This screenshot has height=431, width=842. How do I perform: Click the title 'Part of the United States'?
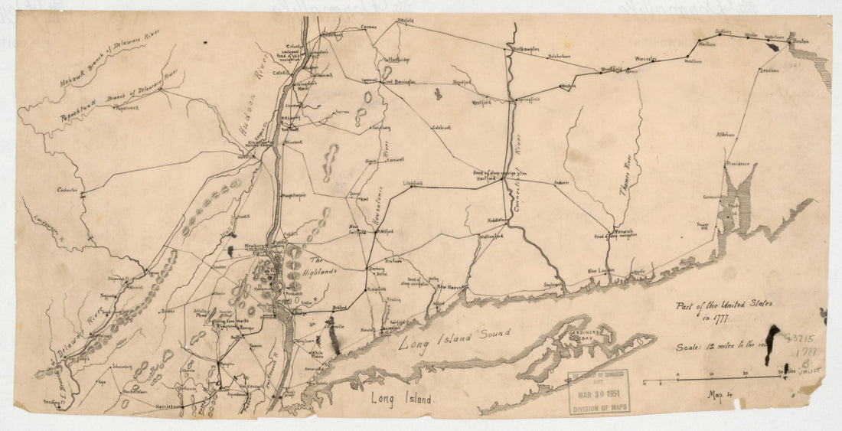pos(723,305)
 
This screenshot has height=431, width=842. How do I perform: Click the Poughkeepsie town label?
pos(294,195)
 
